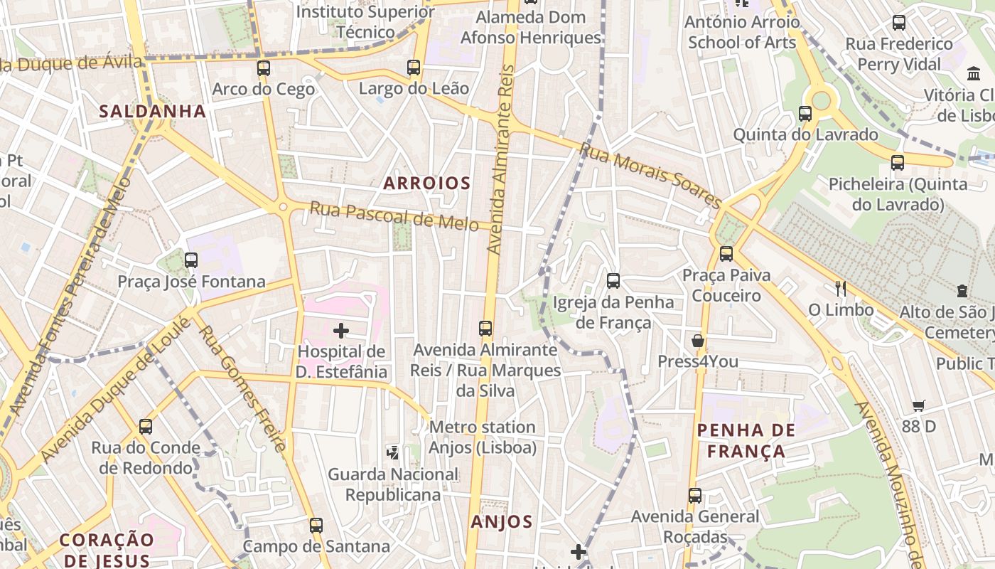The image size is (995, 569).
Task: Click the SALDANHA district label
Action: tap(153, 111)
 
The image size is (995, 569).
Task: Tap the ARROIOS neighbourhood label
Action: tap(427, 183)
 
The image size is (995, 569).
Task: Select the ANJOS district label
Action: tap(502, 521)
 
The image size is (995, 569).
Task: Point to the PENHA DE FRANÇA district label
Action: tap(746, 440)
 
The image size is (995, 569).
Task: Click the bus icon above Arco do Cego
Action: tap(264, 68)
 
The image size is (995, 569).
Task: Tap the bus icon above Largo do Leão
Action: tap(414, 68)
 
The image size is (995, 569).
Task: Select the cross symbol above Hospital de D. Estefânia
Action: tap(341, 330)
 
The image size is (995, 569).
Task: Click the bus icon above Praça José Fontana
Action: tap(191, 260)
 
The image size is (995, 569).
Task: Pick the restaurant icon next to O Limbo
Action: tap(841, 288)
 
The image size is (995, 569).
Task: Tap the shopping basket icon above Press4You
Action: tap(698, 341)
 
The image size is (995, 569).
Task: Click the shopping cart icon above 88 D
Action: tap(919, 405)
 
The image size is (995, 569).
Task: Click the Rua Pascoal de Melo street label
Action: tap(394, 216)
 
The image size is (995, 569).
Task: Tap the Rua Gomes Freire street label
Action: tap(242, 388)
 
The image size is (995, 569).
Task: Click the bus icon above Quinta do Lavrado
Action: tap(805, 114)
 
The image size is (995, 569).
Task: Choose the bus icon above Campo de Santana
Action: tap(316, 526)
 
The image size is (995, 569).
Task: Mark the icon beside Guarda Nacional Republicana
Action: tap(392, 452)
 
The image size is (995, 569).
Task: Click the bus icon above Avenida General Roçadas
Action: tap(695, 496)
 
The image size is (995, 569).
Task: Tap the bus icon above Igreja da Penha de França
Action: tap(613, 281)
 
